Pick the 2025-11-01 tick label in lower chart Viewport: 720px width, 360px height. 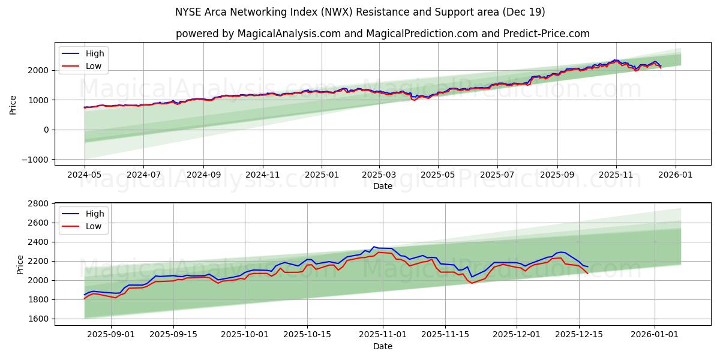382,334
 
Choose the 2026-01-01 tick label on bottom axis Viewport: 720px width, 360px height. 653,334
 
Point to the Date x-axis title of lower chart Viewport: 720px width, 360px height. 382,346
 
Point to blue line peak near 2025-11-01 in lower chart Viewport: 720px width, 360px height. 374,247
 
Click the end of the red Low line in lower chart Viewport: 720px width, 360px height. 587,273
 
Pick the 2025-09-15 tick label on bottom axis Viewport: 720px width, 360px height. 173,334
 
